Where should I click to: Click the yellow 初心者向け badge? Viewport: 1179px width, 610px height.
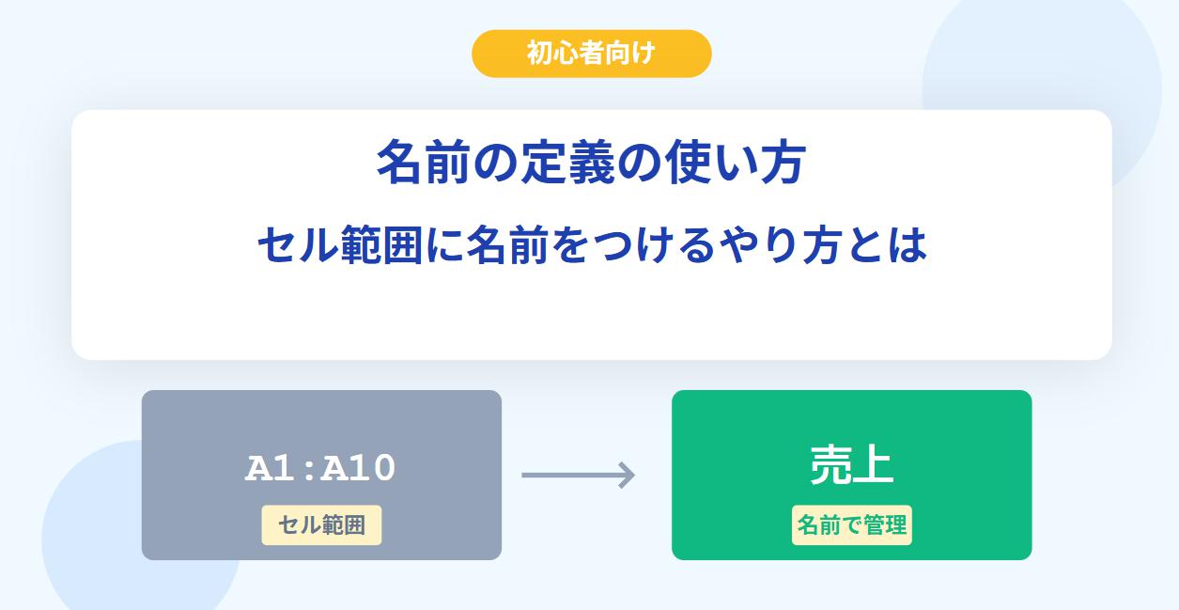coord(592,54)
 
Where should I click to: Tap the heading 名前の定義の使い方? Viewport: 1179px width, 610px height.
coord(592,163)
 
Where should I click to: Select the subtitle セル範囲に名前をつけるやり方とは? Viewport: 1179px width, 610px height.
coord(592,244)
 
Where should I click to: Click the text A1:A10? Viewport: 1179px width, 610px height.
coord(320,468)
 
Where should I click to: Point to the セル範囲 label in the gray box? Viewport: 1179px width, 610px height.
coord(321,525)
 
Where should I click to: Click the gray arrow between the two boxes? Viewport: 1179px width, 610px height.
coord(578,476)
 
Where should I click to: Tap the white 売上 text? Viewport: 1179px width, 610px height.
coord(852,465)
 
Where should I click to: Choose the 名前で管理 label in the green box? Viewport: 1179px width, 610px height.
coord(852,525)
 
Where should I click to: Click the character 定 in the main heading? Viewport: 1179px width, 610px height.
coord(543,163)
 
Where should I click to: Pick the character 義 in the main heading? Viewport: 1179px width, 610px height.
coord(592,163)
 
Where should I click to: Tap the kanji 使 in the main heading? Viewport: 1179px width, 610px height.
coord(688,163)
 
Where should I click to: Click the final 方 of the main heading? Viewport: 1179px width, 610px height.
coord(783,163)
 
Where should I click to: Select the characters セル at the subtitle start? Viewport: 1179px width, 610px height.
coord(298,245)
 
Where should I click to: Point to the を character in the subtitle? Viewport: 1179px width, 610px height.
coord(571,245)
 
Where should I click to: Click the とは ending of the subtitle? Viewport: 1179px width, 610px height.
coord(887,245)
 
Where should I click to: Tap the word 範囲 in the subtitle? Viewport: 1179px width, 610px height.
coord(382,245)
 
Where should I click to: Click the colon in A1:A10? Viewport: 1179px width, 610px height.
coord(309,470)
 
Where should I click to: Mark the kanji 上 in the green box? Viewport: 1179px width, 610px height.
coord(873,465)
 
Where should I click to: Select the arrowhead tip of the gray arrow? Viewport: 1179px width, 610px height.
coord(635,476)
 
